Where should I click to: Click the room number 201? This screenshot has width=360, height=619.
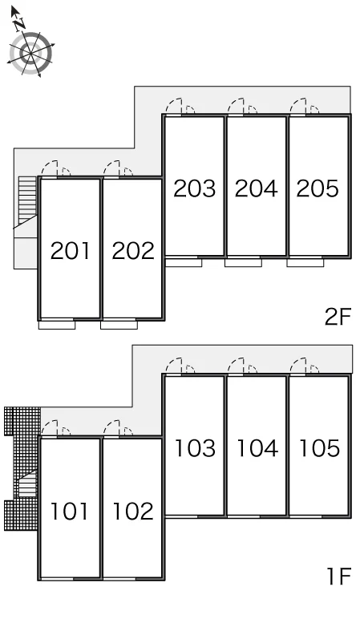coord(70,251)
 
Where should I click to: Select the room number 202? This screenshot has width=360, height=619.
coord(133,251)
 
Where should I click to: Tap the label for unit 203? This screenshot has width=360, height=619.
coord(195,188)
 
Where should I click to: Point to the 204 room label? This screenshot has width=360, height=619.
coord(257,188)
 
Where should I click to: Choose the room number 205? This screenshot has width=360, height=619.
coord(318,188)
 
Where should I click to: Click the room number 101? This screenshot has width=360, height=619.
coord(70,511)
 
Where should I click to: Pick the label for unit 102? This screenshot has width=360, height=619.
coord(133,511)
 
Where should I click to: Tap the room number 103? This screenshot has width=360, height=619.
coord(195,448)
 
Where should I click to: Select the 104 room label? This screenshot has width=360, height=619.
coord(257,448)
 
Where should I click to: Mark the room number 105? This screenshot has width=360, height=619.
coord(319,448)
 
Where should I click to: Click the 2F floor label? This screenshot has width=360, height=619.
coord(338,317)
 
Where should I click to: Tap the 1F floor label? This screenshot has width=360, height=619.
coord(339,576)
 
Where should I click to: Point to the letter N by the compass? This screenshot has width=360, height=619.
coord(18,25)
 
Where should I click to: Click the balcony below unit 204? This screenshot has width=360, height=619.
coord(243,262)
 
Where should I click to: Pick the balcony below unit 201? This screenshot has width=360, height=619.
coord(57,325)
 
